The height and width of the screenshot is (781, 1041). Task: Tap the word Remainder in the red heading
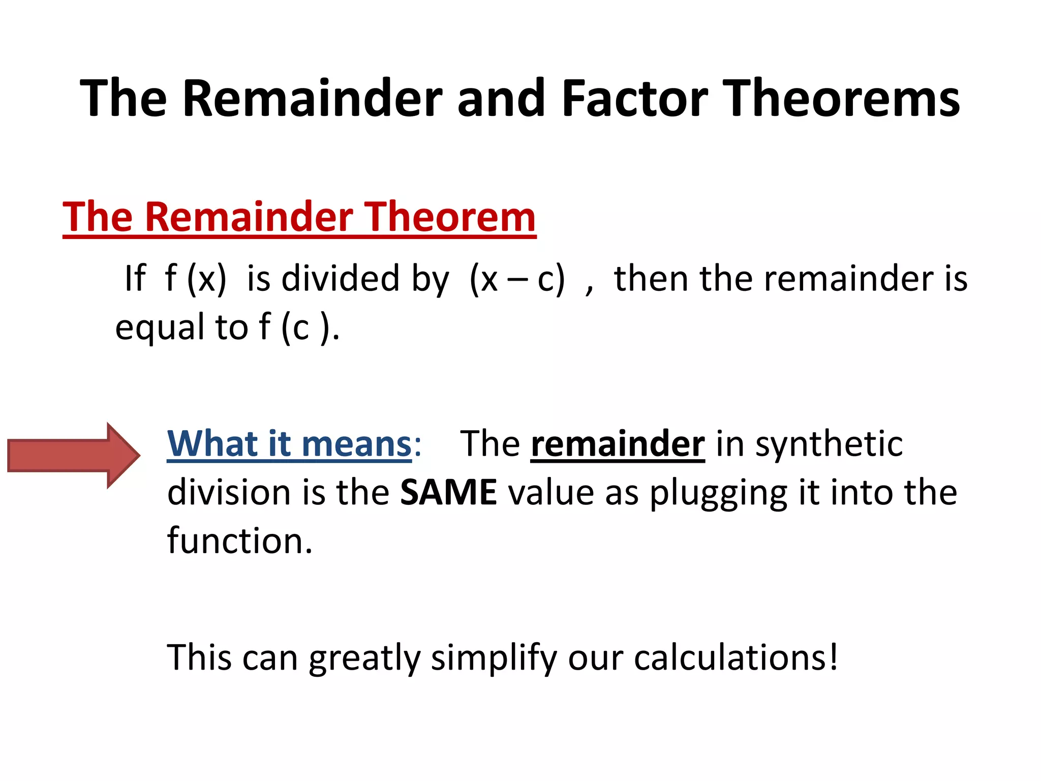pyautogui.click(x=249, y=217)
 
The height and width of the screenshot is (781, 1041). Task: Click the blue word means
pyautogui.click(x=356, y=444)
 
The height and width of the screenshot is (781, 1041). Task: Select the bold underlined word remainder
pyautogui.click(x=618, y=444)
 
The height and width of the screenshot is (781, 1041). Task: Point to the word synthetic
pyautogui.click(x=829, y=444)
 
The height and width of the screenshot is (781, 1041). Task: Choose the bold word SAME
pyautogui.click(x=448, y=492)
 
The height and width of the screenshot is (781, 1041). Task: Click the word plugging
pyautogui.click(x=718, y=493)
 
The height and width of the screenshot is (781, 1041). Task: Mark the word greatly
pyautogui.click(x=364, y=658)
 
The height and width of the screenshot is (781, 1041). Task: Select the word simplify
pyautogui.click(x=494, y=658)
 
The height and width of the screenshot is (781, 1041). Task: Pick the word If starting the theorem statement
pyautogui.click(x=135, y=279)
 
